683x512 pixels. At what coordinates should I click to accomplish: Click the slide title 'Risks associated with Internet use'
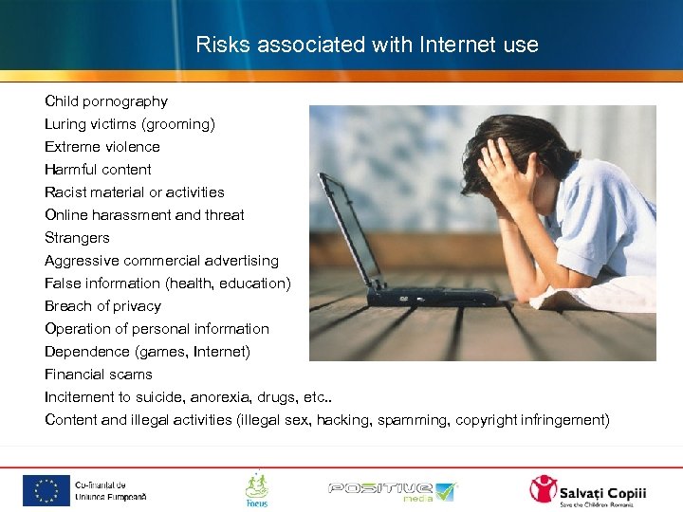(366, 45)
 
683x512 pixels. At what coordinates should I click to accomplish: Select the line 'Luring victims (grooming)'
(129, 124)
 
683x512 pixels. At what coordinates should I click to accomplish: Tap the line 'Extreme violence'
(102, 147)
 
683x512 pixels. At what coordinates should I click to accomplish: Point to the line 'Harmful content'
(98, 170)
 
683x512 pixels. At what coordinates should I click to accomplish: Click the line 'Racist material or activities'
(134, 192)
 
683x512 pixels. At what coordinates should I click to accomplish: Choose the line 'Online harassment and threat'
(144, 215)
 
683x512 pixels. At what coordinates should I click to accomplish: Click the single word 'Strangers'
(77, 238)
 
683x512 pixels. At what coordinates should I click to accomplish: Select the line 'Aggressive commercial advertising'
(161, 261)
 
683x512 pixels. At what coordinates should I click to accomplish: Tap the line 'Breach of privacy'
(102, 306)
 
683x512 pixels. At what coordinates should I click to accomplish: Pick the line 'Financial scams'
(98, 375)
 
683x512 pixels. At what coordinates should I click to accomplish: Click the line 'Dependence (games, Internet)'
(147, 352)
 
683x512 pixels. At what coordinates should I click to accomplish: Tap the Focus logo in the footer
(256, 489)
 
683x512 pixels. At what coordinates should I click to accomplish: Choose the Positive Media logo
(392, 491)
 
